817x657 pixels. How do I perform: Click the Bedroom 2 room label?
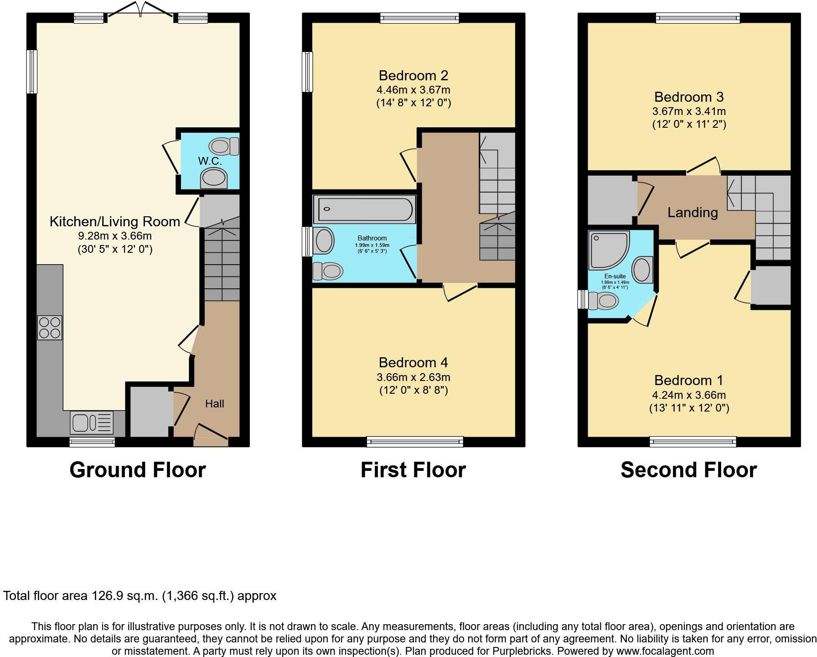coord(413,75)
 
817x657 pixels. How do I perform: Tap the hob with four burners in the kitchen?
coord(50,328)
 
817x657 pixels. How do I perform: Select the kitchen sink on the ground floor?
coord(92,422)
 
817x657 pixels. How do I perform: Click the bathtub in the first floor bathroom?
coord(364,209)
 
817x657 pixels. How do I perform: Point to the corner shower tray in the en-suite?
coord(609,250)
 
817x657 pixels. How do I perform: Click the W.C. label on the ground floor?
coord(210,161)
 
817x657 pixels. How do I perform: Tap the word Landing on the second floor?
coord(692,213)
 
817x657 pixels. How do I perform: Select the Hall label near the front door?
coord(214,404)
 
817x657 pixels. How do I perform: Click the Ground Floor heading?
coord(137,470)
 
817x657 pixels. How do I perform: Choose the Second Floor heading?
coord(688,470)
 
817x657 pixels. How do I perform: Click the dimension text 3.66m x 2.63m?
coord(413,377)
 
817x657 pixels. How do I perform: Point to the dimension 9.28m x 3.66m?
coord(115,236)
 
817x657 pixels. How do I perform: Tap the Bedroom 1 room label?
coord(688,380)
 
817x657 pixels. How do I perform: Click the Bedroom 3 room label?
coord(688,97)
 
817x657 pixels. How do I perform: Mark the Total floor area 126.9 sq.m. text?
coord(140,596)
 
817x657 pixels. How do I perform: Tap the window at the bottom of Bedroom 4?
coord(414,441)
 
